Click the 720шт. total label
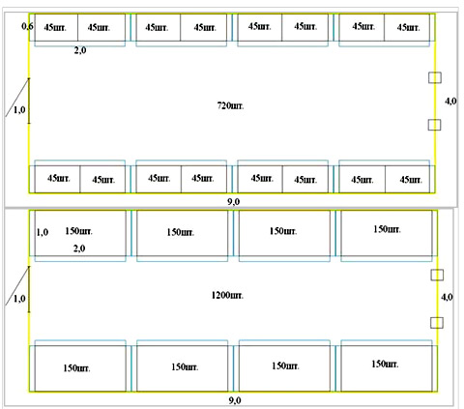[x=230, y=105]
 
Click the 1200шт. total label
[x=227, y=295]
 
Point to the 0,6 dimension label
[x=27, y=26]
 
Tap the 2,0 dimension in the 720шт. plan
[x=80, y=50]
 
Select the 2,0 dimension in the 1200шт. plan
[x=79, y=248]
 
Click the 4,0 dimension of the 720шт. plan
[x=450, y=102]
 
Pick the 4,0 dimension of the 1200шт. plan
[x=447, y=297]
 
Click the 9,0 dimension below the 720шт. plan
[x=234, y=202]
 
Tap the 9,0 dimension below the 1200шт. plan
[x=235, y=400]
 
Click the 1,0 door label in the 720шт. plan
[x=19, y=110]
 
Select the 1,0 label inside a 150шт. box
[x=43, y=232]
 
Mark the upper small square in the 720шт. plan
[x=435, y=77]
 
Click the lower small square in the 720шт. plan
[x=434, y=125]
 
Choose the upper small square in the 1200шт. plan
[x=437, y=275]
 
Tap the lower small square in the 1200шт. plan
[x=437, y=323]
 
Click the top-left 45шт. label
[x=55, y=27]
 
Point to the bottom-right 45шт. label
[x=411, y=179]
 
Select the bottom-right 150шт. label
[x=385, y=364]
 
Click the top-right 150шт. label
[x=387, y=229]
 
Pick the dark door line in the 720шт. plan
[x=29, y=101]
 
